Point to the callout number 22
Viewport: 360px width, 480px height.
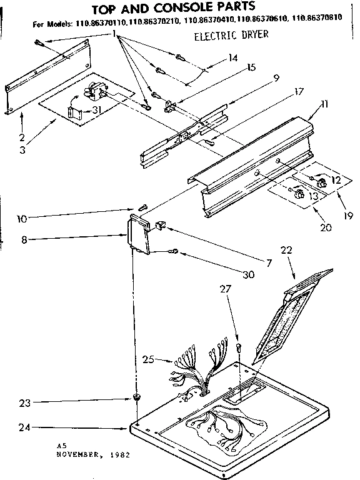point(286,249)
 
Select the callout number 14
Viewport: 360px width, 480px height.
point(232,58)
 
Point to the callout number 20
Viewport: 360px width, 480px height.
point(324,228)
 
